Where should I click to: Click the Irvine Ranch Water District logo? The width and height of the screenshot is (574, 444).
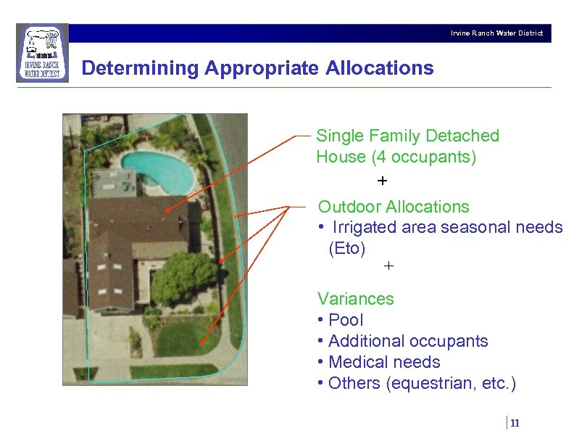coord(42,53)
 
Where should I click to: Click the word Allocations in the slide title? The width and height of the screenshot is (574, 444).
coord(380,68)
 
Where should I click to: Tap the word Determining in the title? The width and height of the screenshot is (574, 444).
coord(141,68)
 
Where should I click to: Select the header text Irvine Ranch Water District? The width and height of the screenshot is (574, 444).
coord(496,33)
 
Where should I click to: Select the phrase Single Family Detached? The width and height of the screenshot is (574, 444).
coord(407,136)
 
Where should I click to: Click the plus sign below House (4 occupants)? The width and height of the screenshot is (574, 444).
coord(383,179)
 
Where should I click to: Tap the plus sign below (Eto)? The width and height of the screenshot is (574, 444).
coord(388,266)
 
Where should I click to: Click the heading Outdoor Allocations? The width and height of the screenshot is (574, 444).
coord(394,207)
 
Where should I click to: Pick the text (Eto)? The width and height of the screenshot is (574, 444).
coord(347,248)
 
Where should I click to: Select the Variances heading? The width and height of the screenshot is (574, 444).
coord(355,299)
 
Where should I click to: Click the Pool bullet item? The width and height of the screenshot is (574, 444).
coord(345,320)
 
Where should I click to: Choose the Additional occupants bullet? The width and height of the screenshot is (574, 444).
coord(407,341)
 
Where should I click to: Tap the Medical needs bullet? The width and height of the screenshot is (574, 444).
coord(383,362)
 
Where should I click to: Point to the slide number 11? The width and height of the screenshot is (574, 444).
coord(515,424)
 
